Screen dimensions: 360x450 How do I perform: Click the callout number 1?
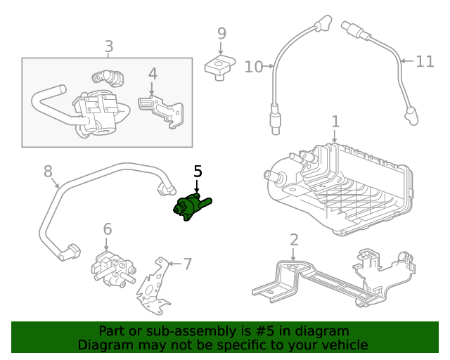[x=335, y=121]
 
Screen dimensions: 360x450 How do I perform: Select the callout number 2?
[x=294, y=239]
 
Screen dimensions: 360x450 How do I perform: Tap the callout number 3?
[x=109, y=47]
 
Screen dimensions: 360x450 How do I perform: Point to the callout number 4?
[x=152, y=74]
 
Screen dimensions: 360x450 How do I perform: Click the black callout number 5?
[x=198, y=171]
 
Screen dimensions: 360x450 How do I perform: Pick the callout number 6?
[x=107, y=229]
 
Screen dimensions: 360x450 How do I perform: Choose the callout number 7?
[x=187, y=264]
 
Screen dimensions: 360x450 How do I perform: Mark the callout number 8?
[x=48, y=171]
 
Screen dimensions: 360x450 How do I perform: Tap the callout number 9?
[x=221, y=33]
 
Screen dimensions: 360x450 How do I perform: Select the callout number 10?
[x=253, y=67]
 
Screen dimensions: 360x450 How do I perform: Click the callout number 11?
[x=425, y=62]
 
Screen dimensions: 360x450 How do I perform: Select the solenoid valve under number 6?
[x=110, y=269]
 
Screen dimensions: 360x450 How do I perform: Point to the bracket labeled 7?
[x=154, y=288]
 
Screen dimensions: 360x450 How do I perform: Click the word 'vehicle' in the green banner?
[x=340, y=345]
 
